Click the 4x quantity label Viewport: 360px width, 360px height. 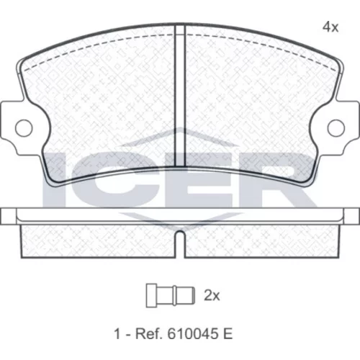[x=330, y=27]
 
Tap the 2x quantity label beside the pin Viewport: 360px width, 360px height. [x=212, y=295]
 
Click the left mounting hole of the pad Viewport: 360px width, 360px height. [x=24, y=127]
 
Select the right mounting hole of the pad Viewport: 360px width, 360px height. [x=336, y=127]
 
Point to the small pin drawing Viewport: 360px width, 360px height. [x=171, y=296]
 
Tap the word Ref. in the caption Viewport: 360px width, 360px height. [x=148, y=334]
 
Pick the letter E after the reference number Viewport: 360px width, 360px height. [x=228, y=334]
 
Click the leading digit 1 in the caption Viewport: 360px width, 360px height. [x=117, y=334]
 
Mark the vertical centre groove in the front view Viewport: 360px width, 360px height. [x=180, y=96]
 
